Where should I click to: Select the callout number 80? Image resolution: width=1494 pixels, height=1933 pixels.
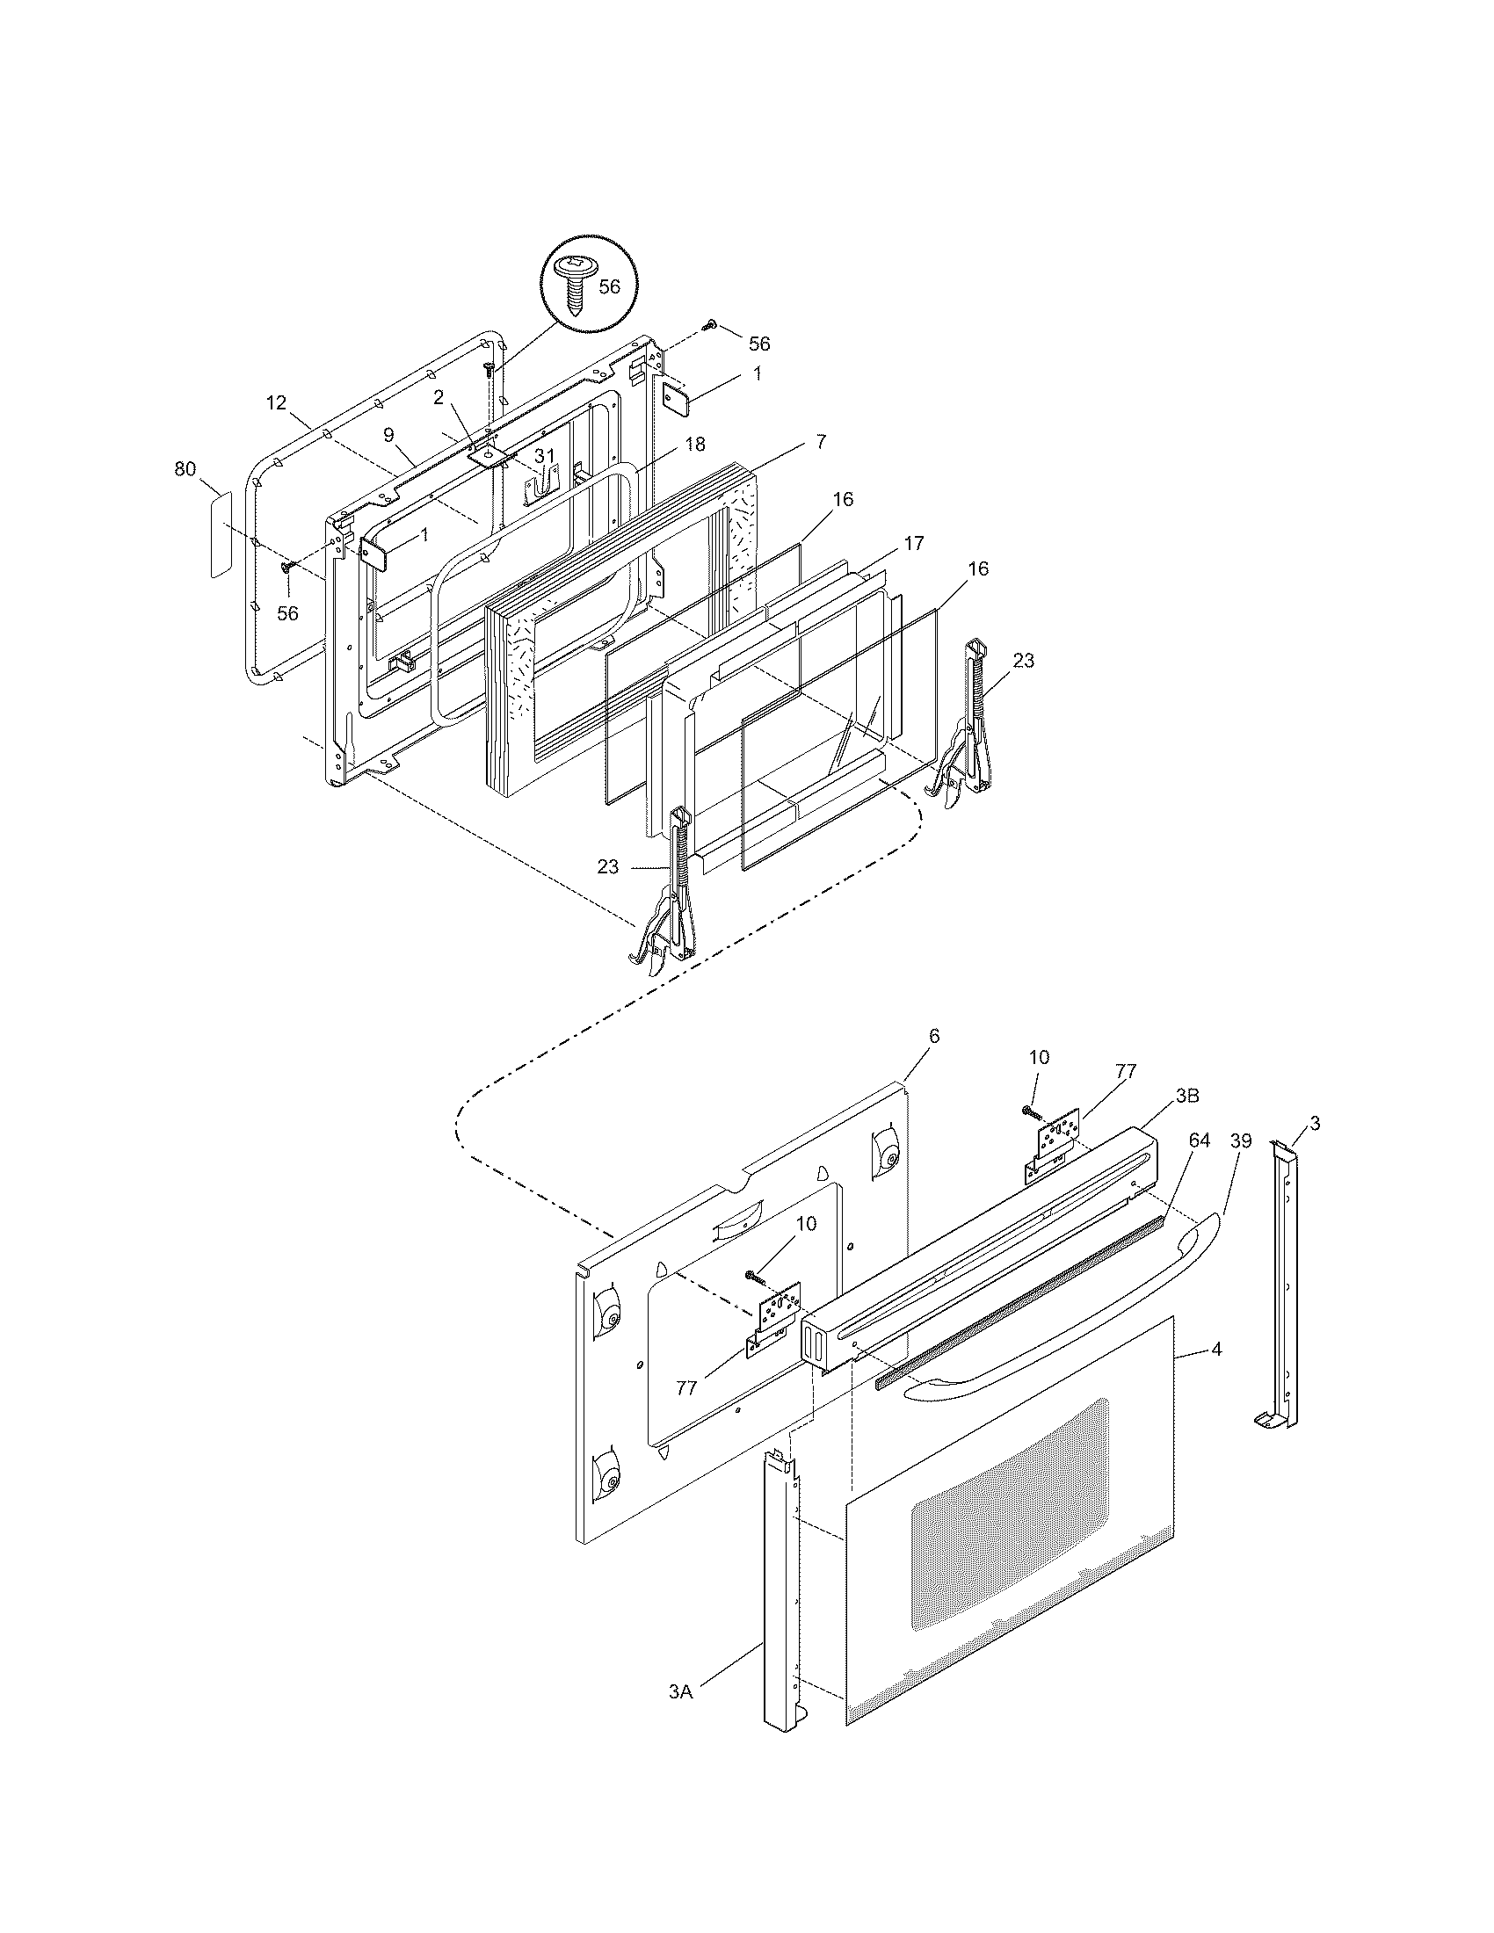click(184, 470)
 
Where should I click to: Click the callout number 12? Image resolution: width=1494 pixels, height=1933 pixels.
click(276, 402)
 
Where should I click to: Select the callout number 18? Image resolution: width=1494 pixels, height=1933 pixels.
click(695, 444)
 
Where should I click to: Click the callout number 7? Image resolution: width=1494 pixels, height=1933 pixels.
click(821, 442)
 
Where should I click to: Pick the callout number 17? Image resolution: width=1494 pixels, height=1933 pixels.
click(914, 542)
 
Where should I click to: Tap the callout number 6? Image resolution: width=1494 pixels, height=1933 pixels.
click(933, 1036)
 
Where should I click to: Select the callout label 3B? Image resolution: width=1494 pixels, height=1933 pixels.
click(1187, 1096)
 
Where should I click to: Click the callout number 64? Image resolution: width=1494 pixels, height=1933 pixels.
click(1200, 1140)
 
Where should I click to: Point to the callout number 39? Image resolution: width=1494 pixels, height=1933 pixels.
click(1241, 1140)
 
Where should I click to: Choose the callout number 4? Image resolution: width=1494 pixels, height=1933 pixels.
click(1217, 1350)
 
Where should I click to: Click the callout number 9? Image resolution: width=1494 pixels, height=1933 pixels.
click(388, 435)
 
